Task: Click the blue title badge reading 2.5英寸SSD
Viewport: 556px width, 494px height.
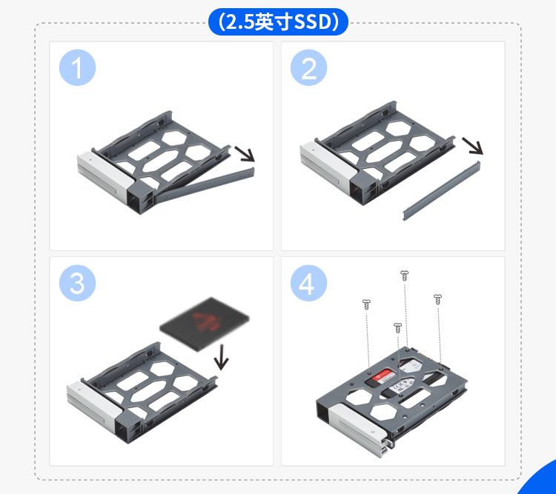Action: click(278, 21)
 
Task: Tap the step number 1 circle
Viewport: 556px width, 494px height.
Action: click(77, 67)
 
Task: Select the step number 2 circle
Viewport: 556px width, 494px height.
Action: click(308, 67)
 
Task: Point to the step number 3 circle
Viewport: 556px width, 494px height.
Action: click(77, 283)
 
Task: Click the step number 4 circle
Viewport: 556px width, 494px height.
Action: click(308, 283)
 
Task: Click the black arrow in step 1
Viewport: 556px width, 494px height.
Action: click(245, 154)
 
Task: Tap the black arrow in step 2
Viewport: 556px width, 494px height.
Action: click(473, 146)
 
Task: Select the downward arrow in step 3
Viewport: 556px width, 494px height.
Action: click(221, 357)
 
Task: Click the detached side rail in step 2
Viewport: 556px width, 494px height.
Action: click(442, 191)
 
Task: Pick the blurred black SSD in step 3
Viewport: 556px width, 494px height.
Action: click(205, 324)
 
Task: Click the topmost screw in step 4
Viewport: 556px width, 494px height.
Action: click(404, 276)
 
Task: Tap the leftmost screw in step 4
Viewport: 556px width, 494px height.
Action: click(366, 304)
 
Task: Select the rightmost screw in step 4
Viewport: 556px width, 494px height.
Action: click(438, 299)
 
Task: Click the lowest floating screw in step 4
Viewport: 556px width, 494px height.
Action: click(397, 328)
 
